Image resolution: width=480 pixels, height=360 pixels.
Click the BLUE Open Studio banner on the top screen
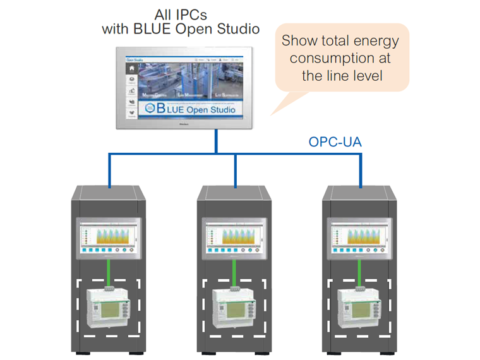point(188,109)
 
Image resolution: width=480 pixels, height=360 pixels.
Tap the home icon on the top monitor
point(131,68)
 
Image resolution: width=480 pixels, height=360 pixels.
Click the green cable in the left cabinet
point(109,270)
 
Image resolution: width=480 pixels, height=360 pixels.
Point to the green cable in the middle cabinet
point(234,270)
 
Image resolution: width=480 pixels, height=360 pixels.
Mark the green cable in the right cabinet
point(359,270)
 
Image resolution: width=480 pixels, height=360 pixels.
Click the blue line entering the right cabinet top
point(360,171)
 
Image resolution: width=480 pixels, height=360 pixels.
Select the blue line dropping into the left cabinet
point(109,171)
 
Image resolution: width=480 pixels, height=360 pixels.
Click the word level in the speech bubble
point(367,76)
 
